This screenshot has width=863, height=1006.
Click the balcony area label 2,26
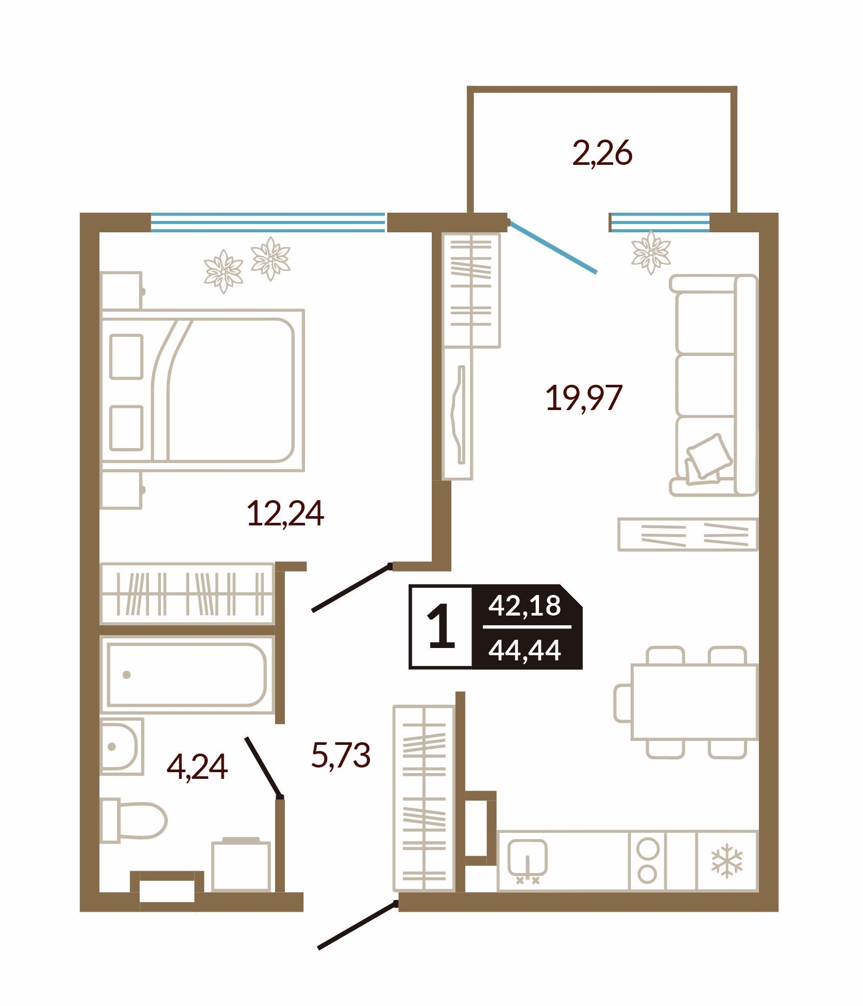click(x=602, y=154)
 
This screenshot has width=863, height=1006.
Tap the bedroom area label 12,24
click(x=285, y=514)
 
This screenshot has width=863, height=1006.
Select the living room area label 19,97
click(x=584, y=398)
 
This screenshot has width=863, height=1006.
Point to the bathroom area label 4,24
click(x=197, y=767)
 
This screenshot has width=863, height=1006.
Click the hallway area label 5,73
click(x=341, y=756)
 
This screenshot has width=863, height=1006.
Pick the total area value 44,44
click(x=524, y=651)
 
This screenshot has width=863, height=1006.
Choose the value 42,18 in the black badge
click(x=524, y=606)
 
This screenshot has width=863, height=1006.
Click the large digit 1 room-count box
click(x=441, y=627)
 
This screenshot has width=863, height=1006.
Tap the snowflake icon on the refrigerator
click(x=727, y=861)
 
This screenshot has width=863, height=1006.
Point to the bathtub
click(x=187, y=675)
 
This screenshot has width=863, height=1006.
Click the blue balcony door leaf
click(x=552, y=247)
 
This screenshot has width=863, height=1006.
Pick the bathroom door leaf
click(x=263, y=767)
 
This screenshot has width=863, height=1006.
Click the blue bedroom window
click(x=268, y=223)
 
